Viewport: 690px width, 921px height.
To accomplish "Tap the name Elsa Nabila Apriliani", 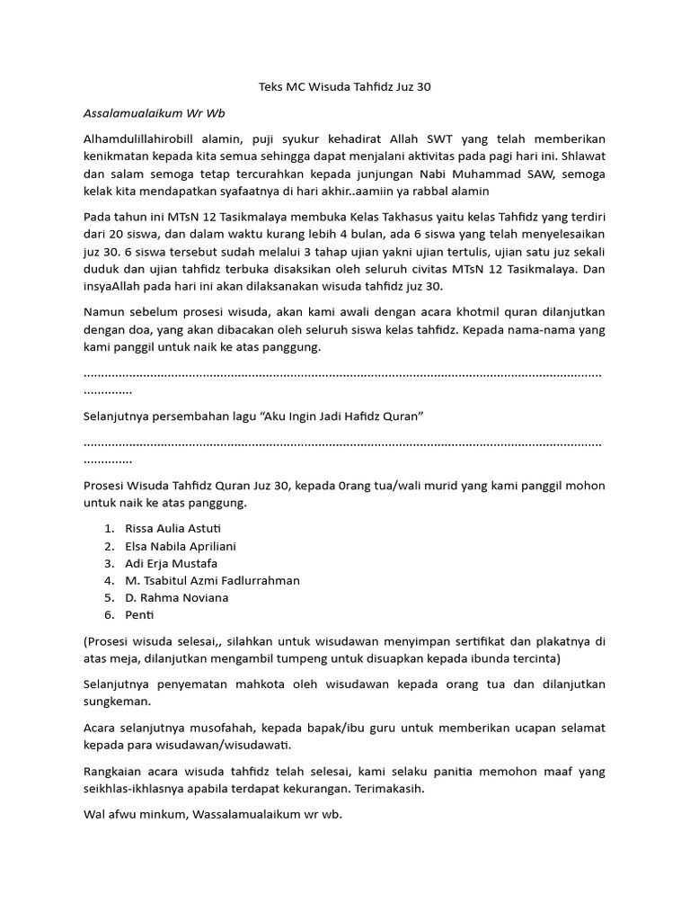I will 181,546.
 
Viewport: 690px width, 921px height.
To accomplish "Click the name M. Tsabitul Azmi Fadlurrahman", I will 212,580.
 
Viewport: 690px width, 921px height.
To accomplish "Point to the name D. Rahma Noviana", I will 177,597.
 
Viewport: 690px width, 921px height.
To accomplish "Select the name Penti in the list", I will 140,615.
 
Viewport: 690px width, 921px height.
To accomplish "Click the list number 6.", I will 108,615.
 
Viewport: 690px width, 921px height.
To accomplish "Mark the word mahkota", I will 264,684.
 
